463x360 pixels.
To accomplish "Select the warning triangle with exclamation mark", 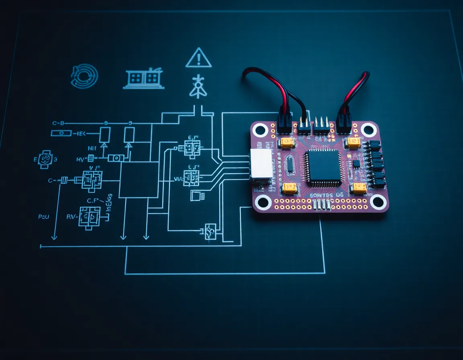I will point(199,58).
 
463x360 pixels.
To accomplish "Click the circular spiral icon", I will point(84,76).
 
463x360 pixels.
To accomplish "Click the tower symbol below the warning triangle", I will point(197,86).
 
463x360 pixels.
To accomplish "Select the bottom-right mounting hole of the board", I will point(378,202).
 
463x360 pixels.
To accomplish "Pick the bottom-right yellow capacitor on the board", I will point(359,188).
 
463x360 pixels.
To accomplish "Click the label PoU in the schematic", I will point(44,217).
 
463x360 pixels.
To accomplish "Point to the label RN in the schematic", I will point(71,217).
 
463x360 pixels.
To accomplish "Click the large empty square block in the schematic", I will point(139,180).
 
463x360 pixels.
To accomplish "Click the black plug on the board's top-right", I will point(344,123).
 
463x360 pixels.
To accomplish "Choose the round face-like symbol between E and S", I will point(45,159).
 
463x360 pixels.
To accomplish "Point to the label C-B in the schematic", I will point(58,123).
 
